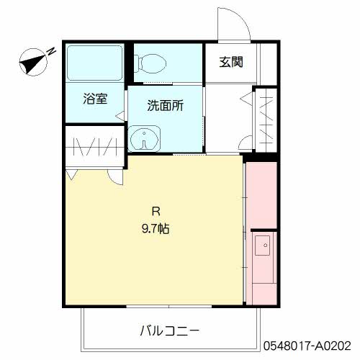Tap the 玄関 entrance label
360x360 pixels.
pyautogui.click(x=230, y=62)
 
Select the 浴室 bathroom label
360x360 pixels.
pyautogui.click(x=95, y=99)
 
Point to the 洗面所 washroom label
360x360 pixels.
pyautogui.click(x=165, y=106)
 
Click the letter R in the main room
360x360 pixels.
pyautogui.click(x=155, y=212)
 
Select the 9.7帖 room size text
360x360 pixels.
pyautogui.click(x=155, y=230)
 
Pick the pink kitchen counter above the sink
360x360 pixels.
pyautogui.click(x=261, y=194)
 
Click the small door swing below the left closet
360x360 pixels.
pyautogui.click(x=114, y=176)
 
